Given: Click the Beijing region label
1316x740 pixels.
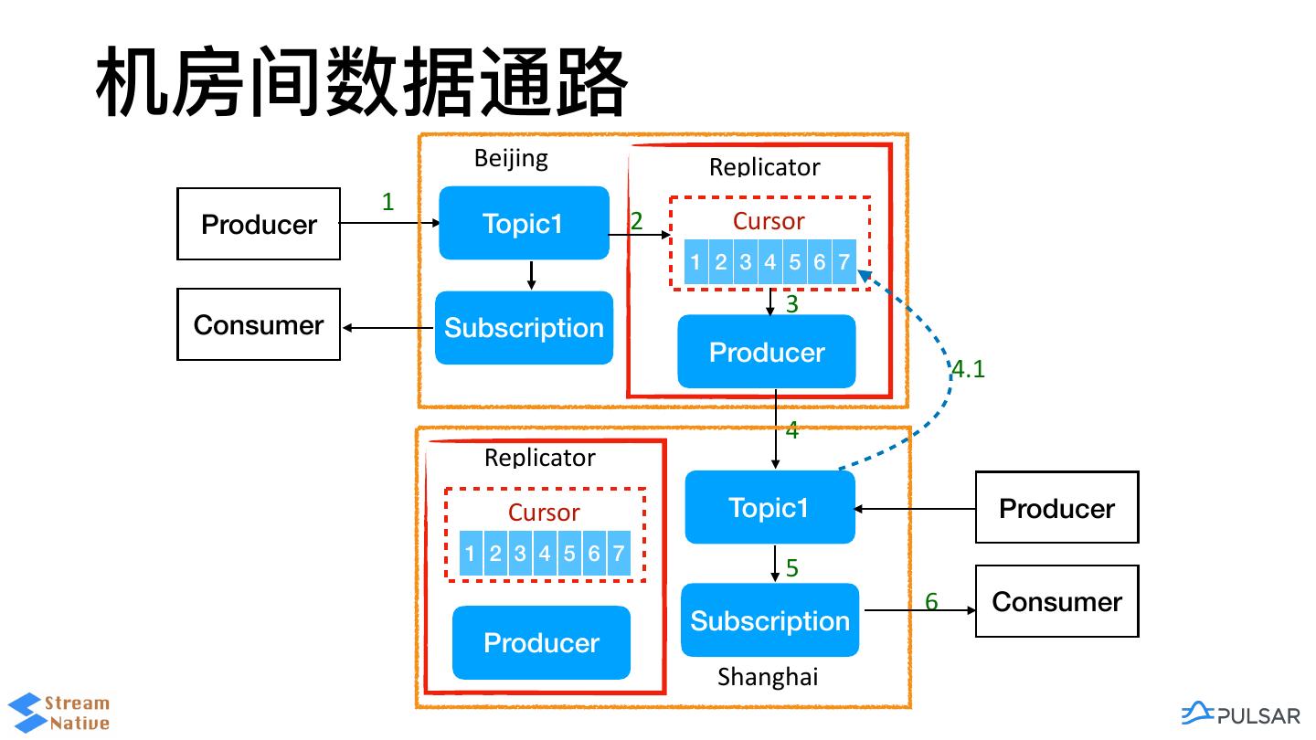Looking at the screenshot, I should point(511,158).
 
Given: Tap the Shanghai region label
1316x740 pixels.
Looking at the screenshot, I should point(768,677).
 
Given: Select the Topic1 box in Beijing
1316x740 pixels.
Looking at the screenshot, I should point(524,223).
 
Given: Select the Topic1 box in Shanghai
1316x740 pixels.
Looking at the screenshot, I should point(769,507).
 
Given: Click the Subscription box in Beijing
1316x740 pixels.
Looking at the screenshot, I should point(524,328).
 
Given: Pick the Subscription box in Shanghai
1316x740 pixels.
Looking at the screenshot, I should point(769,620).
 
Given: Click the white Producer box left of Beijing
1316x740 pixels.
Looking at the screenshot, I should point(259,224).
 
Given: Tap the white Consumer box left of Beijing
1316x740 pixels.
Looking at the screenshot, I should point(259,324).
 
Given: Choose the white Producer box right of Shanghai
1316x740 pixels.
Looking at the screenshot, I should point(1056,507).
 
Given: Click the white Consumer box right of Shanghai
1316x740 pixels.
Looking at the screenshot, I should point(1056,601).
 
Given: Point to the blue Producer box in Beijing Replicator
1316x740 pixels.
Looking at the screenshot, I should point(767,352).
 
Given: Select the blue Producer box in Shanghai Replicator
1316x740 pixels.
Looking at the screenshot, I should point(541,642).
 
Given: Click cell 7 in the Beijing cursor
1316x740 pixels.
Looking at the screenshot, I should point(844,263).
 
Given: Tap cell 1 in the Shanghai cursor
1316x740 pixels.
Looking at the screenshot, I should point(470,553).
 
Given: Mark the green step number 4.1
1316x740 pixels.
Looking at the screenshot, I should point(968,369).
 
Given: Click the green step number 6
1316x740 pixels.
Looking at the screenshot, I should point(931,601).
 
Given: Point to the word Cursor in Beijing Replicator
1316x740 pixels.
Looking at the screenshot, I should point(769,221).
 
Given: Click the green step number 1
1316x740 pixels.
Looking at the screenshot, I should point(387,202).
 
